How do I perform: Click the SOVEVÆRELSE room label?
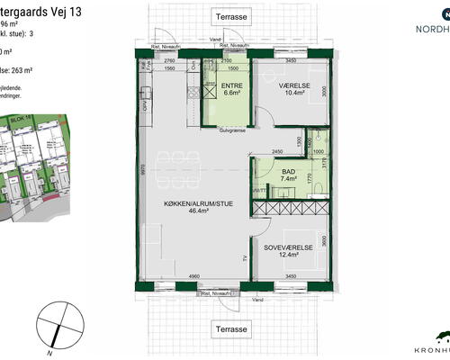[x=288, y=246]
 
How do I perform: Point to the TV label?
[x=244, y=258]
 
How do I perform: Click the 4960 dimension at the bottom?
[x=193, y=276]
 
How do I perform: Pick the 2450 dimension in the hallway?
[x=278, y=151]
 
